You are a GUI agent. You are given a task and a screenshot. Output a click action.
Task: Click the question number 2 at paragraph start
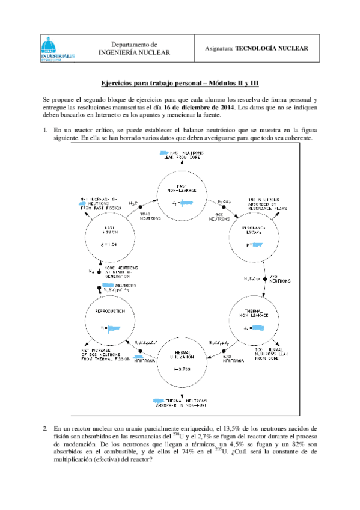point(45,428)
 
